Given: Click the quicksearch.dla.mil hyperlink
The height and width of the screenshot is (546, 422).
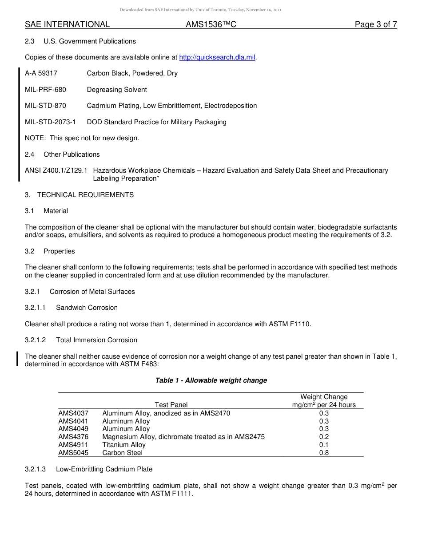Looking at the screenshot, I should point(217,57).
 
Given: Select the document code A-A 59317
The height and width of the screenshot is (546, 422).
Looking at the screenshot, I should point(41,73).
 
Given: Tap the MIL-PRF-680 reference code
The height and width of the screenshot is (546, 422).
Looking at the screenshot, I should point(45,90).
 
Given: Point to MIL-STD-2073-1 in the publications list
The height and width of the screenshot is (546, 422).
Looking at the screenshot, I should point(50,122).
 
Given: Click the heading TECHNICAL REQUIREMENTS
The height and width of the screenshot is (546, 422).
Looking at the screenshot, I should point(85,195).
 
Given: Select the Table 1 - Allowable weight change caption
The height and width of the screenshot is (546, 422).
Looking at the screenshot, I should point(211,380).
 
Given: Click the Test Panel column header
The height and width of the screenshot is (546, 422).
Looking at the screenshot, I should point(171,405).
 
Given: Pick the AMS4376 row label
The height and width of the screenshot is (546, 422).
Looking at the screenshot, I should point(73,437).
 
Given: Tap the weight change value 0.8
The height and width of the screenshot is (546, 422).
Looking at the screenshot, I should point(324,453).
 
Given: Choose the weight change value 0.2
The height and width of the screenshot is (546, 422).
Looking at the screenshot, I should point(324,437).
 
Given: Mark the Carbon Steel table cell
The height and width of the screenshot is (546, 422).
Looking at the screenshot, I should point(123,453).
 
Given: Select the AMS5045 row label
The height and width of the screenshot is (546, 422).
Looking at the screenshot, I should point(73,453).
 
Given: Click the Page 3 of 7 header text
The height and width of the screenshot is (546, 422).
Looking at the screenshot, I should point(375,25).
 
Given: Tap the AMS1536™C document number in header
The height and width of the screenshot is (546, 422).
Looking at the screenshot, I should point(211,25).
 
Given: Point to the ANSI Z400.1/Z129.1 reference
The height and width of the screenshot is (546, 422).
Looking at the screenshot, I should point(56,170).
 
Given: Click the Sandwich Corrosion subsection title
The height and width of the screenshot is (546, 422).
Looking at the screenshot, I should point(87,308).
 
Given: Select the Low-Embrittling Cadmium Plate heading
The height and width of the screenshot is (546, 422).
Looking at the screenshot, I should point(104,469).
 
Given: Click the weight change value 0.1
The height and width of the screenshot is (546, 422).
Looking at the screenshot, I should point(324,445).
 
